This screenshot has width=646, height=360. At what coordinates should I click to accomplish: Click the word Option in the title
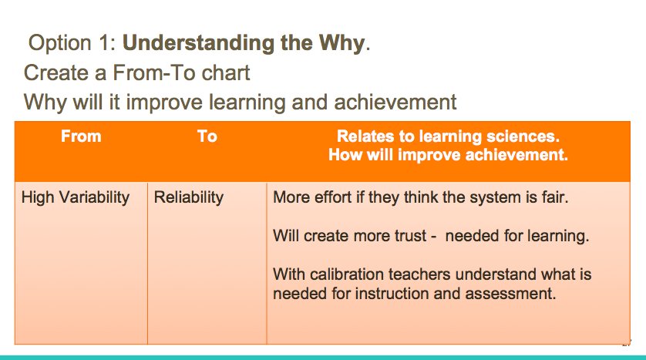point(59,44)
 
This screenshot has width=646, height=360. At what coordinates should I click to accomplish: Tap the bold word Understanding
point(198,44)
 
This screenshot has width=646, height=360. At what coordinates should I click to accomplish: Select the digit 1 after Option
point(105,43)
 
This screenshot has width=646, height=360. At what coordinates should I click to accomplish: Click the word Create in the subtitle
point(56,73)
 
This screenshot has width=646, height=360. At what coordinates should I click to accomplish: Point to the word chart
point(226,73)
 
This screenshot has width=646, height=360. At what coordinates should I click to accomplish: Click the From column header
point(81,136)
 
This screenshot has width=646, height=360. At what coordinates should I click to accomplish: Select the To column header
point(207,136)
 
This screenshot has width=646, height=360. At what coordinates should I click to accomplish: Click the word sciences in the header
point(523,136)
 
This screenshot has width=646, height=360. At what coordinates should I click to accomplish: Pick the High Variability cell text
point(76,197)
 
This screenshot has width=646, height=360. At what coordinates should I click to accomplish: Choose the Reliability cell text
point(189,197)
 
